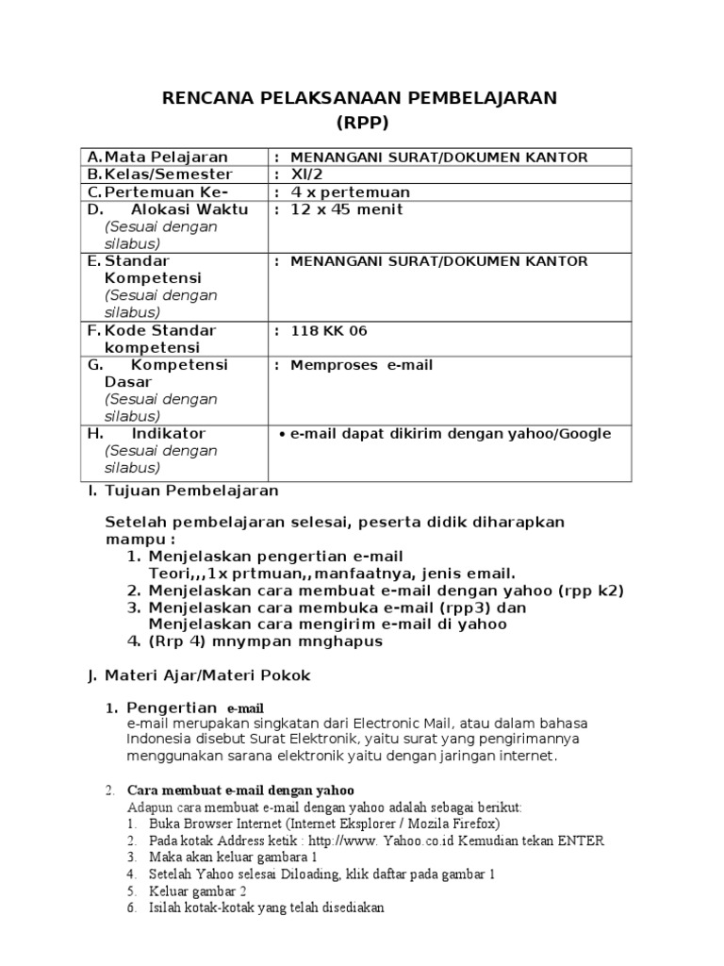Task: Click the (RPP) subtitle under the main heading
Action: (362, 123)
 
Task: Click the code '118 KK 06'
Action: (329, 330)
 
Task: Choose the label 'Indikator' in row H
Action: (169, 433)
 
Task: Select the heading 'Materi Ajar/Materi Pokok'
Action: (206, 675)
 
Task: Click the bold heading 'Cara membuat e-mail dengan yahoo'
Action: (240, 790)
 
